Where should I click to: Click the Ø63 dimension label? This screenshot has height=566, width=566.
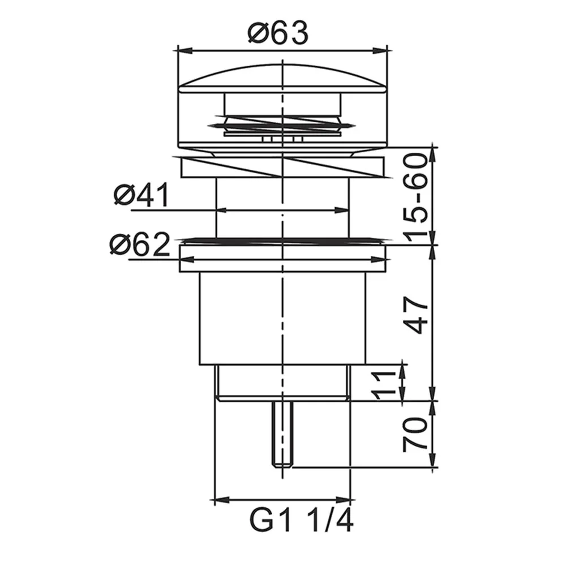click(x=278, y=33)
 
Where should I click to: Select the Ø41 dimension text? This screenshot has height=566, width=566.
click(x=141, y=195)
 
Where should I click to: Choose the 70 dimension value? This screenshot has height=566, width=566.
click(x=415, y=435)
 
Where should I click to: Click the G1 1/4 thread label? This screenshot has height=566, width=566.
click(x=302, y=520)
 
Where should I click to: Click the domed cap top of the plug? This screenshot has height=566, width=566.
click(x=282, y=78)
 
